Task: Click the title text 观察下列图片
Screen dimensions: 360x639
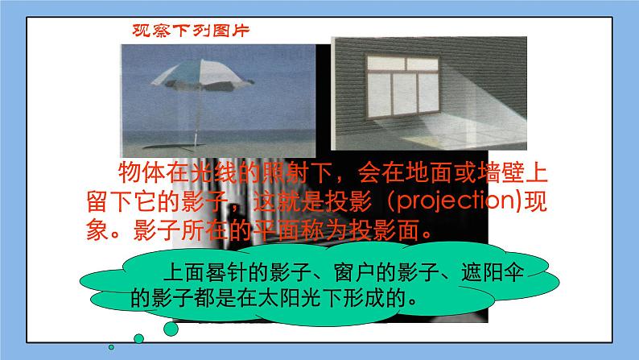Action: point(191,33)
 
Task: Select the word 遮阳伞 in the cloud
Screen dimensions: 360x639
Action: point(484,273)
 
